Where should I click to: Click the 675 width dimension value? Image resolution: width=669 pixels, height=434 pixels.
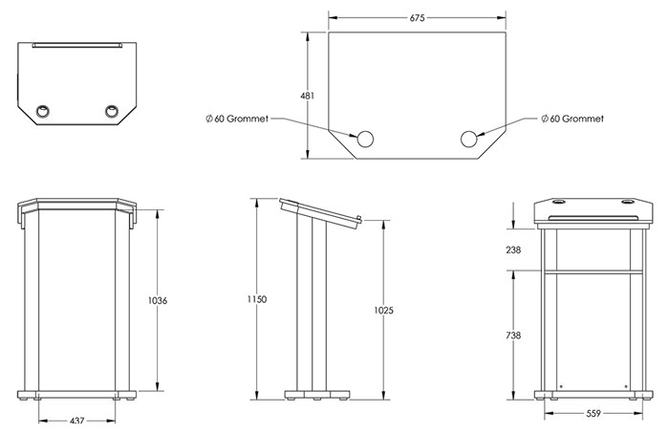(416, 18)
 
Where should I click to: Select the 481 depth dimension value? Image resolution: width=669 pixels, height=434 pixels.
(308, 97)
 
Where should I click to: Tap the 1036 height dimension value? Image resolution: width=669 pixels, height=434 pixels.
(159, 301)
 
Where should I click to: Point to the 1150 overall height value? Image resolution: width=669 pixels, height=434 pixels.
(256, 299)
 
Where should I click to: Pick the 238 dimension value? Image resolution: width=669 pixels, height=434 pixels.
(514, 250)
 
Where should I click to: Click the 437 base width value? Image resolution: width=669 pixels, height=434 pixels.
(77, 420)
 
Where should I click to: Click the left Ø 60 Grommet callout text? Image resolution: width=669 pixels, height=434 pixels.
(237, 119)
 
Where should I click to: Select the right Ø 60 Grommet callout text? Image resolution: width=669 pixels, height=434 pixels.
(576, 119)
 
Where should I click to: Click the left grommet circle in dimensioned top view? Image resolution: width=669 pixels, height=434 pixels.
(364, 140)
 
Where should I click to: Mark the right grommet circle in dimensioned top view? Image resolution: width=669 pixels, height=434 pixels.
(469, 140)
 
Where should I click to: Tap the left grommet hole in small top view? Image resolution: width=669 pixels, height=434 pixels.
(43, 112)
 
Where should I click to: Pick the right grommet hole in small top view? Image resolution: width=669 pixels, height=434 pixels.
(113, 112)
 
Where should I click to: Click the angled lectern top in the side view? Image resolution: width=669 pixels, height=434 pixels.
(319, 212)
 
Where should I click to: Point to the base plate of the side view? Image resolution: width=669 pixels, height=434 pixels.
(318, 393)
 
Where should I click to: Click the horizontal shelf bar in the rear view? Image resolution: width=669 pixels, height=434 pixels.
(589, 271)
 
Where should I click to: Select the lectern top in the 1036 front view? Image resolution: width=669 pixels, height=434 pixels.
(76, 206)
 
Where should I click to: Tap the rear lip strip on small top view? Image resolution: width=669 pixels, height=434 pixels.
(76, 44)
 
